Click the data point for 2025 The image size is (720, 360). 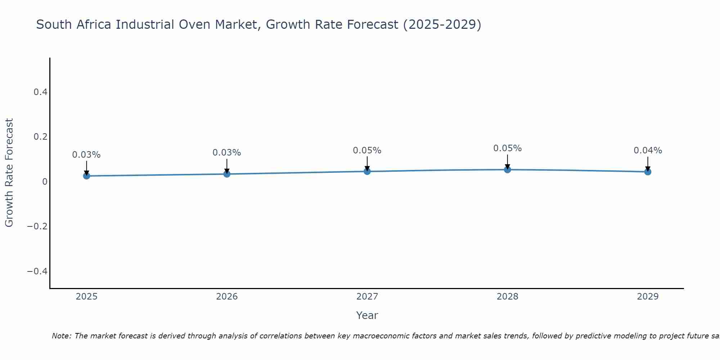[86, 176]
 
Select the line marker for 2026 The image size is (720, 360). [227, 174]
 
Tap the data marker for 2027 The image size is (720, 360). [367, 171]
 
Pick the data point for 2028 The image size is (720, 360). [507, 170]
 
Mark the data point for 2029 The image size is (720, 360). [648, 172]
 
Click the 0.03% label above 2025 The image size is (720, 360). [86, 155]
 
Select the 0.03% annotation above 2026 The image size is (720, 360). [227, 153]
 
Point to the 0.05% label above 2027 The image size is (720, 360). [367, 150]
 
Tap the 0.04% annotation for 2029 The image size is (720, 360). [648, 150]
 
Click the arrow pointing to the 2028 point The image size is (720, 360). [507, 162]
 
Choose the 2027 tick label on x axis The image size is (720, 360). [367, 297]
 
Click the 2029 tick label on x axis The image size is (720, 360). [648, 297]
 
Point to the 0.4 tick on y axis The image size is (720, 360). [41, 92]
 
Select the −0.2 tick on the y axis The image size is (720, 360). [37, 226]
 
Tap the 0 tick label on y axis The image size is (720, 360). [45, 181]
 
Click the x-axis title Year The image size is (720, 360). [367, 315]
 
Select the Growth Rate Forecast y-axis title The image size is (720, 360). [9, 173]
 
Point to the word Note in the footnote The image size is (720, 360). [62, 336]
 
